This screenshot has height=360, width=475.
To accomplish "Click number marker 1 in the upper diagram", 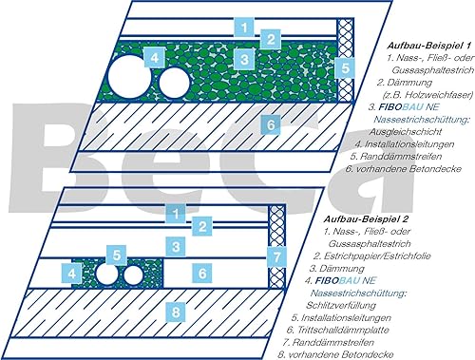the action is [x=244, y=28].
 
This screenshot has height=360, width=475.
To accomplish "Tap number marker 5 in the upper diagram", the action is [x=346, y=68].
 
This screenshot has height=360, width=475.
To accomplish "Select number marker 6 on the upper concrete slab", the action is [x=271, y=124].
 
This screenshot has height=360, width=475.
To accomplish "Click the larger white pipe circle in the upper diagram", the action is [x=129, y=77].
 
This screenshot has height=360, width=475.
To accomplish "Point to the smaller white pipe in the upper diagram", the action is [x=174, y=83].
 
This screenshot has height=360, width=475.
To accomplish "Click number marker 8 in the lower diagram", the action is [x=176, y=313].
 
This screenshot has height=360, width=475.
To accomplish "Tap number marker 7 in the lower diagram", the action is [x=277, y=256].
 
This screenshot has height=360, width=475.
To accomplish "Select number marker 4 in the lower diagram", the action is [x=72, y=273].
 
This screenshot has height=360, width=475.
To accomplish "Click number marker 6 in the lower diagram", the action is [x=202, y=273].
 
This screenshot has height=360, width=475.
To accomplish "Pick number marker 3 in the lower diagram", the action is [x=176, y=247].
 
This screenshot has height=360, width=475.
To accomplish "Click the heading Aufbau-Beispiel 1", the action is [x=429, y=46].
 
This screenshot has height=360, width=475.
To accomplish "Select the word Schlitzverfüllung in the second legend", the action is [x=341, y=305].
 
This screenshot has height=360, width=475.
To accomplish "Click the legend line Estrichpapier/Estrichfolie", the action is [x=372, y=256].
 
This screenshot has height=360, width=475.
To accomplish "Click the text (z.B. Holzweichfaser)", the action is [x=426, y=95].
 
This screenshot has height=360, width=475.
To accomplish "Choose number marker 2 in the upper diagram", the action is [x=271, y=40].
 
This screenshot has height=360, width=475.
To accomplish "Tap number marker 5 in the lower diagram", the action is [x=117, y=255].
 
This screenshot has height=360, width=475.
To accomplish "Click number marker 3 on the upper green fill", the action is [x=244, y=59].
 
